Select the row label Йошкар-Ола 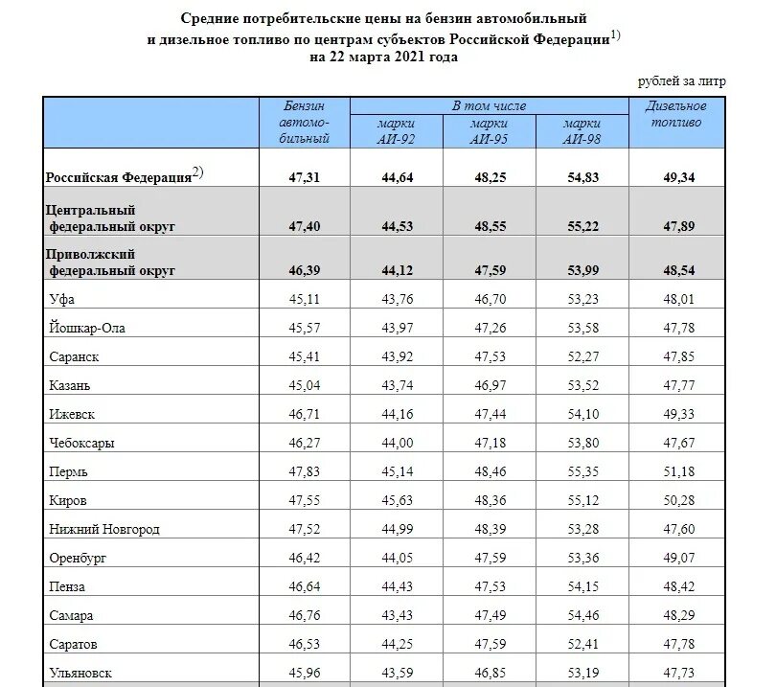(x=86, y=329)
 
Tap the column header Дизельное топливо (x=675, y=114)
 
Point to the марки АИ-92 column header (x=396, y=130)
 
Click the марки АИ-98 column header (x=582, y=130)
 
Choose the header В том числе (x=489, y=105)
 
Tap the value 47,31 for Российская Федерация (x=304, y=177)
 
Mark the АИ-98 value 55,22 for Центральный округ (x=582, y=226)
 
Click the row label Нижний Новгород (x=103, y=529)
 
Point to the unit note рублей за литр (x=681, y=81)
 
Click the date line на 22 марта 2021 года (x=383, y=57)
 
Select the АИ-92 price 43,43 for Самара (x=396, y=615)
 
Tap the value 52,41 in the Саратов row (x=582, y=644)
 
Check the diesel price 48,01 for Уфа (x=675, y=300)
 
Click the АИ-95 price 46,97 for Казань (x=489, y=386)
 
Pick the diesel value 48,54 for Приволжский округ (x=675, y=271)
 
